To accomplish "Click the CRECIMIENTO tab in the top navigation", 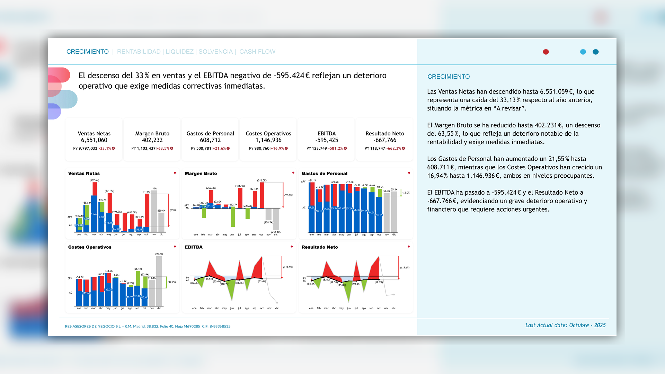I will click(x=87, y=52).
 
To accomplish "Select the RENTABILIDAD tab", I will click(x=139, y=52).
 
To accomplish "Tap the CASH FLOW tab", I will click(x=257, y=52).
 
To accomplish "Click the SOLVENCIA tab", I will click(x=215, y=52).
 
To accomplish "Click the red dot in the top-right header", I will click(x=546, y=52).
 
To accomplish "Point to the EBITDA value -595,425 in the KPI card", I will click(x=327, y=140).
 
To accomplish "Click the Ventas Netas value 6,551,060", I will click(x=94, y=140).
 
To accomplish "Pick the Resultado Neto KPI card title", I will click(x=385, y=134).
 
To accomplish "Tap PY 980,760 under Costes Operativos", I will click(x=259, y=149).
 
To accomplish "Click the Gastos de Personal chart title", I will click(x=324, y=173).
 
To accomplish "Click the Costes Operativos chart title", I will click(x=90, y=247).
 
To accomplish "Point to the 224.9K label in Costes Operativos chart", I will click(x=159, y=254).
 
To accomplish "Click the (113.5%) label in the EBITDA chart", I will click(x=288, y=267).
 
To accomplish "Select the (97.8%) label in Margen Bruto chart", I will click(x=289, y=195).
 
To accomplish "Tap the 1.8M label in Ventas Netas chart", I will click(x=154, y=189).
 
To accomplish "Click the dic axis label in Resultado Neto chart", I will click(x=394, y=308).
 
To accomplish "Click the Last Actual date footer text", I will click(x=565, y=325).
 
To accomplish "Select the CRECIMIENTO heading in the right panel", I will click(x=449, y=77).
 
